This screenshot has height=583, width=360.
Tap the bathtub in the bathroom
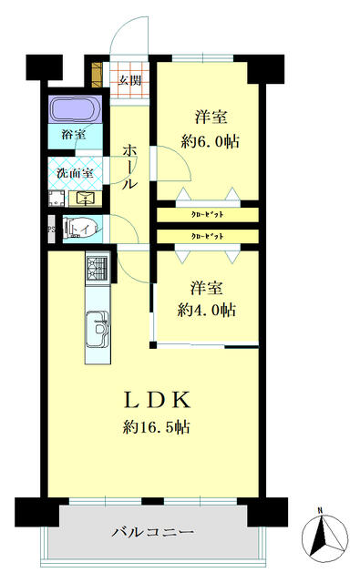76,111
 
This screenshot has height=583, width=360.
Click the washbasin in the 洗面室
87,198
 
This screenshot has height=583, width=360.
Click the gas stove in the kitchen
98,268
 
